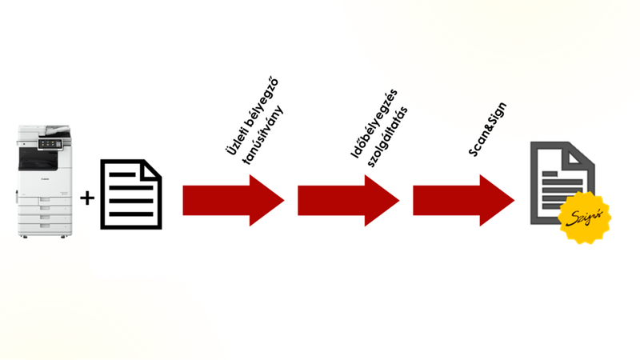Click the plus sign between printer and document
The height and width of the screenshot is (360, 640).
(x=87, y=197)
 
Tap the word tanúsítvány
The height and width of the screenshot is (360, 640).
(x=264, y=136)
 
